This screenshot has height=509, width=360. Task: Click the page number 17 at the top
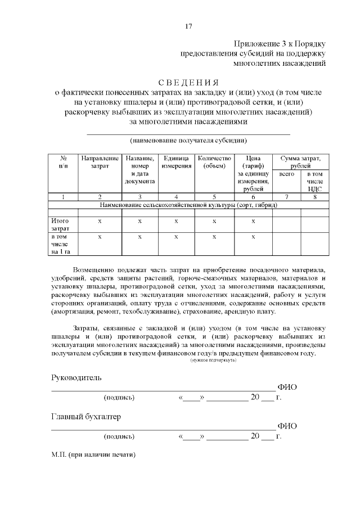[x=188, y=26]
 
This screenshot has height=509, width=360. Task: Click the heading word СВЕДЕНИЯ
[x=188, y=83]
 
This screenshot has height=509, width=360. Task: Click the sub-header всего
[x=287, y=175]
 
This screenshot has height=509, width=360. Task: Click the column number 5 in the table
[x=214, y=197]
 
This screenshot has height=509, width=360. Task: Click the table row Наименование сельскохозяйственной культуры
[x=188, y=205]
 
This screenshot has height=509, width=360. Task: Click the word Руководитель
[x=76, y=377]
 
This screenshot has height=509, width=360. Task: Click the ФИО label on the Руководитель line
[x=287, y=388]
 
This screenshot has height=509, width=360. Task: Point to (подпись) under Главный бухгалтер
[x=119, y=436]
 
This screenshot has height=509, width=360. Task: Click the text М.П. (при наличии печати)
[x=93, y=454]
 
